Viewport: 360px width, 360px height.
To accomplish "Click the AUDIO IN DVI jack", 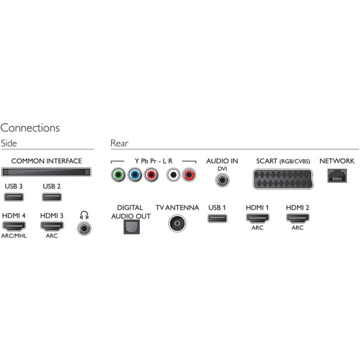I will [222, 180].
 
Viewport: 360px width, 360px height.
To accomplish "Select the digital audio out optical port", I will [130, 226].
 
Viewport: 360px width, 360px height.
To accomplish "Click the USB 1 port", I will [216, 217].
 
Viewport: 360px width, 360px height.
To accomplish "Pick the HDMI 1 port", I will [256, 217].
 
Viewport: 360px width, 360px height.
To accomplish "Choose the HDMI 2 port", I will [297, 217].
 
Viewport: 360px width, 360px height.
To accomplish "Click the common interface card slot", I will [47, 173].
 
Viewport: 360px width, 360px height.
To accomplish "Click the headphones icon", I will [84, 215].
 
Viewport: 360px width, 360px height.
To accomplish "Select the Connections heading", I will [30, 128].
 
